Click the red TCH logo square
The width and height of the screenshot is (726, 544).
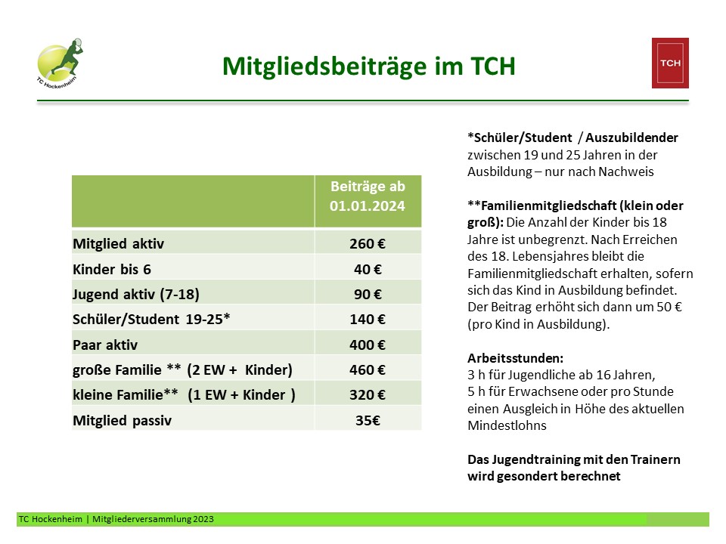[x=670, y=63]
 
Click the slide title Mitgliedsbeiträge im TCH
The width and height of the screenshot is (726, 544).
[x=368, y=66]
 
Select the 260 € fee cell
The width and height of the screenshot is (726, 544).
[x=368, y=244]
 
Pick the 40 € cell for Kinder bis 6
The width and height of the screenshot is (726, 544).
[x=368, y=269]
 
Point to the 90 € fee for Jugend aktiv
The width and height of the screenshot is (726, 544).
[x=368, y=294]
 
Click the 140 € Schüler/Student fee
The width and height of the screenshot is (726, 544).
[x=368, y=319]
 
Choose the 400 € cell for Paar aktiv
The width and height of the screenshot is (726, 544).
[x=368, y=345]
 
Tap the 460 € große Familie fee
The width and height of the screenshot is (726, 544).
[x=368, y=369]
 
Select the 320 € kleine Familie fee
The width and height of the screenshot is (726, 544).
[x=368, y=394]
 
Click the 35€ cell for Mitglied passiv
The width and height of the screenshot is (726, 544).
[x=368, y=420]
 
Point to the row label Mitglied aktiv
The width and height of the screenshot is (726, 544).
[x=119, y=244]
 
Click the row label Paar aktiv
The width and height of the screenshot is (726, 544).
[x=105, y=345]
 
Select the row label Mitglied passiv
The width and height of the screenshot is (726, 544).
[x=123, y=420]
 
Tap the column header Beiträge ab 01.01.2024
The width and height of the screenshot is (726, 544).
[x=368, y=196]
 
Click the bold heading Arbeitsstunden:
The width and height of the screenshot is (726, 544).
[x=515, y=358]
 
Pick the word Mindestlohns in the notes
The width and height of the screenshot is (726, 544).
[x=507, y=425]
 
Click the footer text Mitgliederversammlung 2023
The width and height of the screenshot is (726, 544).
[x=153, y=519]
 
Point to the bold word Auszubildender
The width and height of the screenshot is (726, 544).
[x=631, y=138]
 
